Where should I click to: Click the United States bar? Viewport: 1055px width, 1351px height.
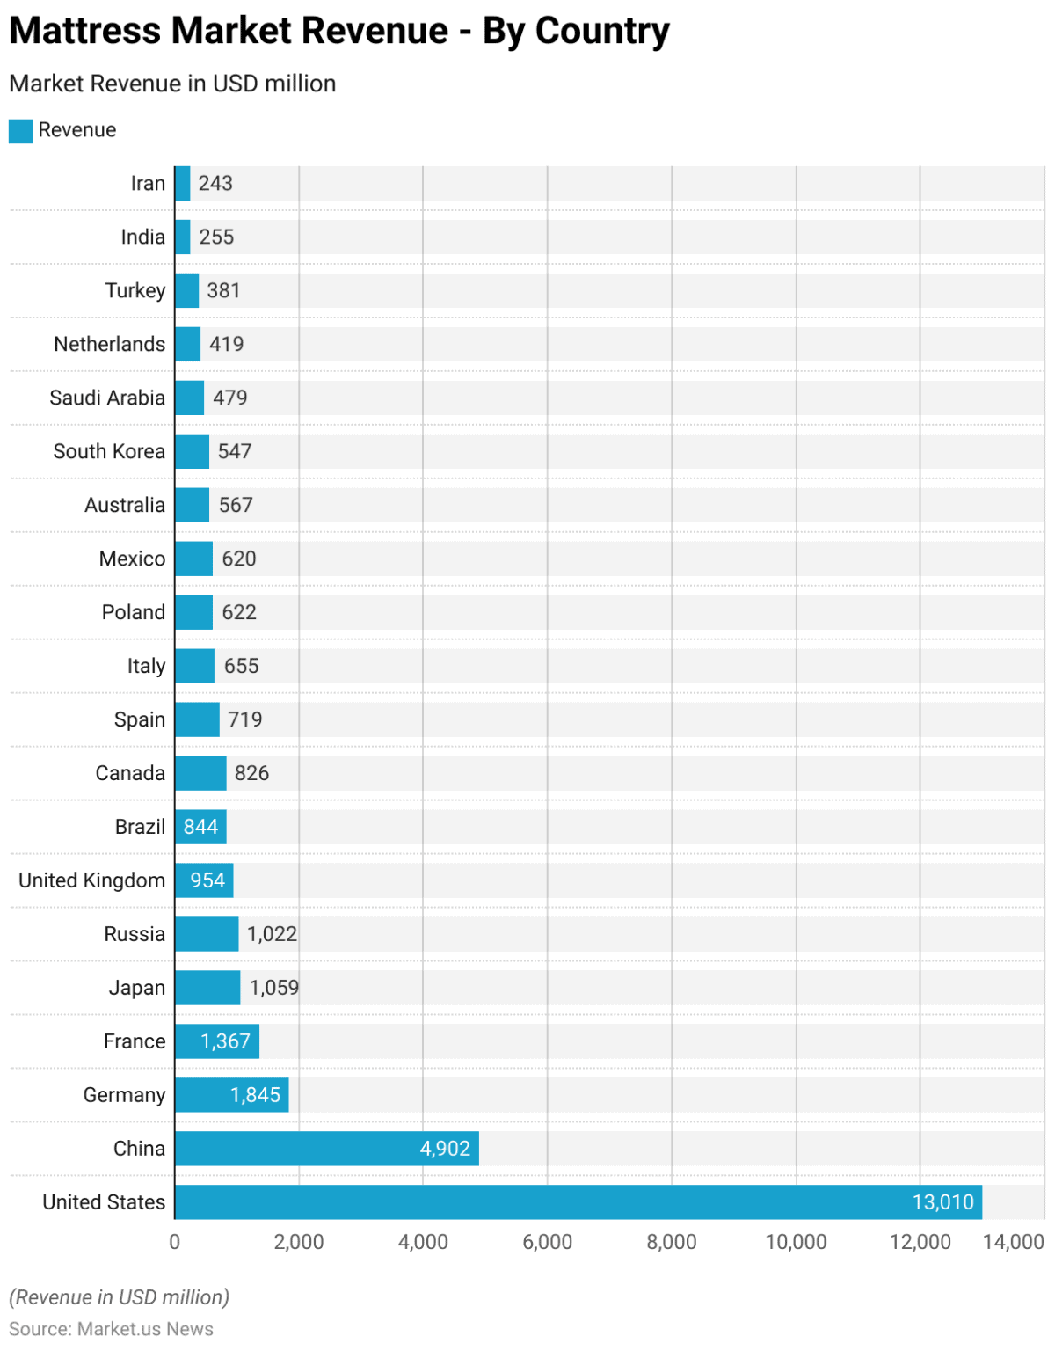tap(578, 1201)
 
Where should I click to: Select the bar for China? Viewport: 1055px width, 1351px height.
tap(326, 1148)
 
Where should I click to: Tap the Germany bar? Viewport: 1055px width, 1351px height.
tap(231, 1094)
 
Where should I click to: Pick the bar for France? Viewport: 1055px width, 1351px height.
tap(216, 1041)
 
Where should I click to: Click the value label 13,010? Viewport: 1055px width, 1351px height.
tap(942, 1202)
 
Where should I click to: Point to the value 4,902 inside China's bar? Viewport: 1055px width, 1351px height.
tap(445, 1149)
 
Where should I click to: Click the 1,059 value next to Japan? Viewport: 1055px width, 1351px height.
tap(273, 988)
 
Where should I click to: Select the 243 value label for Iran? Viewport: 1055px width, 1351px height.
tap(215, 183)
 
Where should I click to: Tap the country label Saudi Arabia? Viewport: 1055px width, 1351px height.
tap(107, 398)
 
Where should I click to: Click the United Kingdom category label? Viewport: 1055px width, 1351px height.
tap(91, 880)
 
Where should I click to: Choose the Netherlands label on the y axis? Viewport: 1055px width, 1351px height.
tap(109, 344)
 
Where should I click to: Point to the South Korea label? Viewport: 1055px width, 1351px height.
tap(109, 451)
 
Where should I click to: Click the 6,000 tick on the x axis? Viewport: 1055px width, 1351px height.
tap(547, 1242)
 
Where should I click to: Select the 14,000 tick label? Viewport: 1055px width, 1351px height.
tap(1013, 1242)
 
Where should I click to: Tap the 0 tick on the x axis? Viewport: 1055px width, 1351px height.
tap(174, 1242)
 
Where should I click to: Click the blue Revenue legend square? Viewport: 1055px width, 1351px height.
tap(20, 131)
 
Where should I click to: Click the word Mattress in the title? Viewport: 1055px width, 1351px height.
tap(85, 31)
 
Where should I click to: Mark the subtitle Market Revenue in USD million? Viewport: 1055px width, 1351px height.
tap(172, 84)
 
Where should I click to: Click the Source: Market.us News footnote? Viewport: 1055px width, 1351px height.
tap(111, 1329)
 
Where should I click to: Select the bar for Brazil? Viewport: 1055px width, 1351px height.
tap(200, 827)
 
